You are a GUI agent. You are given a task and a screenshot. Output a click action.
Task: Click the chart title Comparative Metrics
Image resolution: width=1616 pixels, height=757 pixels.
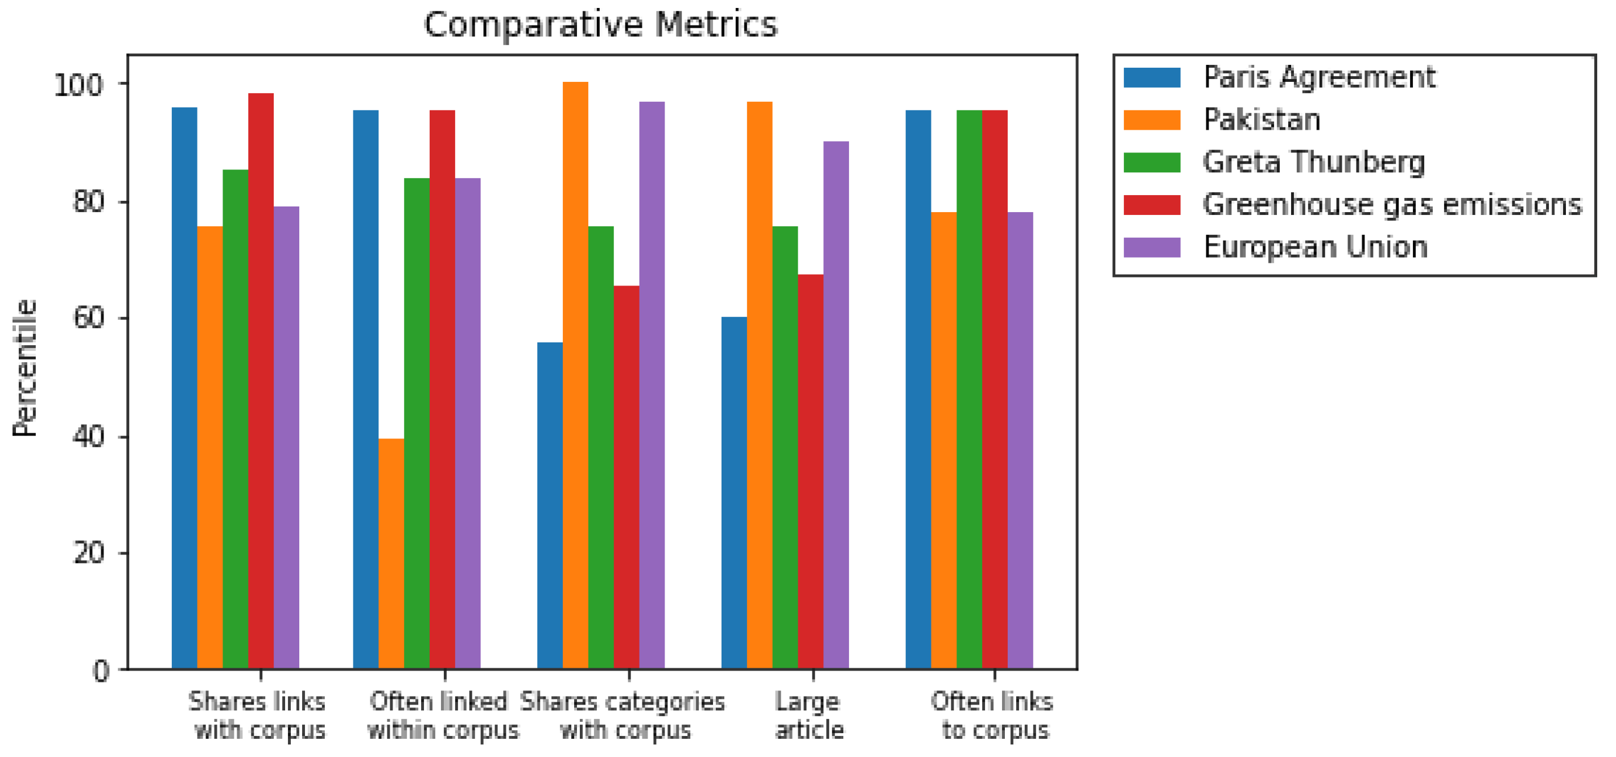coord(600,25)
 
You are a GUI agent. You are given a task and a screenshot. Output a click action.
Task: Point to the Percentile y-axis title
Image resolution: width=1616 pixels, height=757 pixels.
coord(25,367)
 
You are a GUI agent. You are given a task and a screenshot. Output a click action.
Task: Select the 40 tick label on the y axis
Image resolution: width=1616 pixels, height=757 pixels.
coord(88,437)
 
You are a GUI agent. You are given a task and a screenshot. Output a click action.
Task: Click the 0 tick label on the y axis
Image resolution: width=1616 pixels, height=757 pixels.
coord(100,672)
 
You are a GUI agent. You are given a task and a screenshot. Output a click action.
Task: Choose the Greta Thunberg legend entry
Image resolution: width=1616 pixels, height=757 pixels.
coord(1314,162)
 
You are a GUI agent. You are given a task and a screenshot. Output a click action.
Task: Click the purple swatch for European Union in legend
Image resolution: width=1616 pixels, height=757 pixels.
coord(1152,247)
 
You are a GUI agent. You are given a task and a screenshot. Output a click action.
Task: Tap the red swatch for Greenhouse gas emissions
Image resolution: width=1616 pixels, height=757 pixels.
coord(1152,204)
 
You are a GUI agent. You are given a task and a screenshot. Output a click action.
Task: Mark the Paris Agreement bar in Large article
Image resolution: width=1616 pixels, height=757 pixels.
coord(734,493)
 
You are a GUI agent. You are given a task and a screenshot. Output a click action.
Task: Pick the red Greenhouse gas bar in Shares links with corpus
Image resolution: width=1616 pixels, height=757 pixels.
coord(261,381)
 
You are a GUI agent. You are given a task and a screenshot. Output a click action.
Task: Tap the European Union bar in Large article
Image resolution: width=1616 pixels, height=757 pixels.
coord(836,405)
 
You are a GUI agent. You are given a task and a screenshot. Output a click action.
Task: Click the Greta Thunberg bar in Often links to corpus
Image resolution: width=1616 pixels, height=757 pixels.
coord(969,390)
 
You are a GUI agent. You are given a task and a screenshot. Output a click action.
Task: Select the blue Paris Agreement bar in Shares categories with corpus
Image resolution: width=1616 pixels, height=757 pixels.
coord(550,506)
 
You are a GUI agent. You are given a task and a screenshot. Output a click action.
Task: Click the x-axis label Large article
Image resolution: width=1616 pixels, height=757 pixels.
coord(809,715)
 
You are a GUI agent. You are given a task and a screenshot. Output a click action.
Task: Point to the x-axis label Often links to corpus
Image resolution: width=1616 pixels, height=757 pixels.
coord(993,715)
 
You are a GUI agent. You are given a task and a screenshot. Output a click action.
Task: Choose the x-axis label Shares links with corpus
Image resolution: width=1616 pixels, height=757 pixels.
coord(258,715)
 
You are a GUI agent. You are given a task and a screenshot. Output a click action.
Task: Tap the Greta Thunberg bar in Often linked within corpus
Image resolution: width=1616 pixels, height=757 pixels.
coord(417,423)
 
